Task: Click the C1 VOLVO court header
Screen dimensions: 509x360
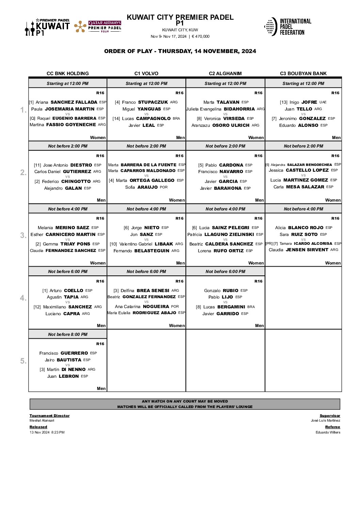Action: point(146,73)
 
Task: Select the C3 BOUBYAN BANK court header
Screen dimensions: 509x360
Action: point(303,73)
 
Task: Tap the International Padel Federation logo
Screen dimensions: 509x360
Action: point(288,27)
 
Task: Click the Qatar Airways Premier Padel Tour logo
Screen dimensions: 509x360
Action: point(98,27)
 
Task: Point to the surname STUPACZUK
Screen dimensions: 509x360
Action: point(153,102)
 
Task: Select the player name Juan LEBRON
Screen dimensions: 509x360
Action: point(63,376)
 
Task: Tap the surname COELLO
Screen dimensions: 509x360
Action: point(73,290)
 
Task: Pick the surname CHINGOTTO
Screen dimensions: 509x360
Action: point(76,181)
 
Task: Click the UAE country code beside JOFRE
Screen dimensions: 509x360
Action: point(323,102)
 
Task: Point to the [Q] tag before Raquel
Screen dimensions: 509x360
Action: point(33,118)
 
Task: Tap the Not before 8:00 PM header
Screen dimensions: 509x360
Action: point(68,334)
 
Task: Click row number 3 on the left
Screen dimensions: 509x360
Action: point(23,235)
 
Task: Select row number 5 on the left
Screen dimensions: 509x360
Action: point(23,361)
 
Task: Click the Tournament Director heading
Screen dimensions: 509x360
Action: point(49,415)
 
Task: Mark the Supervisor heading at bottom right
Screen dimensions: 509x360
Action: point(330,415)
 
